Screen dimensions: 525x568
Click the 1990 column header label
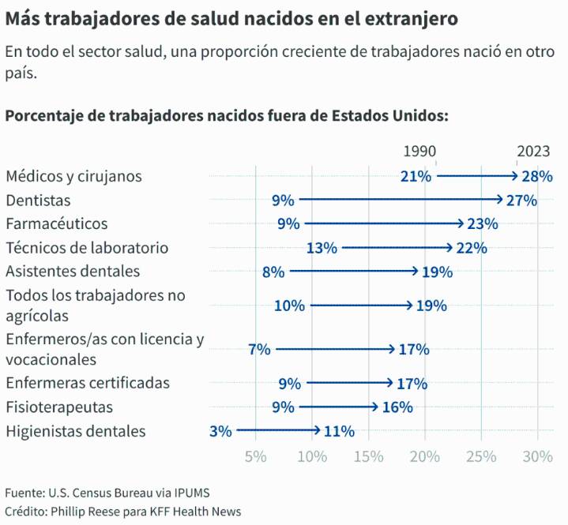pyautogui.click(x=419, y=152)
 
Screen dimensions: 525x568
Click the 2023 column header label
pyautogui.click(x=533, y=152)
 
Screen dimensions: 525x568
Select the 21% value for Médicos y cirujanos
pyautogui.click(x=416, y=176)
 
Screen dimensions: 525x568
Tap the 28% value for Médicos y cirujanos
pyautogui.click(x=537, y=176)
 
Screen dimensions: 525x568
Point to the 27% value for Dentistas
pyautogui.click(x=522, y=201)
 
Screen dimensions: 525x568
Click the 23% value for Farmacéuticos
pyautogui.click(x=483, y=224)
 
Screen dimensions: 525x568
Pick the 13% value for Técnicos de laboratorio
pyautogui.click(x=322, y=248)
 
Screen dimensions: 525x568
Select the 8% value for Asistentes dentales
pyautogui.click(x=273, y=272)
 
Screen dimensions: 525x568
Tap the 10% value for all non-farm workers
pyautogui.click(x=289, y=306)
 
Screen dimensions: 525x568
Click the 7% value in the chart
pyautogui.click(x=259, y=349)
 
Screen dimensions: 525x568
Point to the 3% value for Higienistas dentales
pyautogui.click(x=220, y=432)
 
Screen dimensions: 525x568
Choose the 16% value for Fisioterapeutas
pyautogui.click(x=397, y=407)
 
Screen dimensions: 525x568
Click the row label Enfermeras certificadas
pyautogui.click(x=88, y=384)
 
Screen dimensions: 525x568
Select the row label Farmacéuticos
pyautogui.click(x=56, y=224)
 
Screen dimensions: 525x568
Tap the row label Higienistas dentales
pyautogui.click(x=76, y=432)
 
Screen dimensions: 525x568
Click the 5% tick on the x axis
pyautogui.click(x=256, y=457)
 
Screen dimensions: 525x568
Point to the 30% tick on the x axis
pyautogui.click(x=538, y=457)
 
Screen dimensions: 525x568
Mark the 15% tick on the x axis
pyautogui.click(x=368, y=457)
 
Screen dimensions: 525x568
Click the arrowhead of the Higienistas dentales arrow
pyautogui.click(x=317, y=431)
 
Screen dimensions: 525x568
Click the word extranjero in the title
pyautogui.click(x=409, y=17)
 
